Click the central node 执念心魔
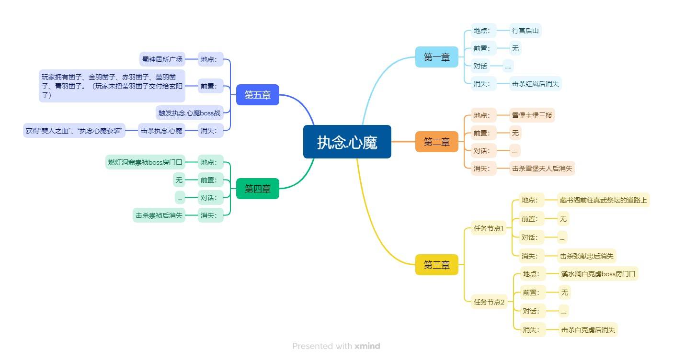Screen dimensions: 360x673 click(347, 142)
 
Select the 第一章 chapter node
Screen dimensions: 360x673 click(436, 57)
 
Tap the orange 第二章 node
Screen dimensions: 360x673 click(436, 142)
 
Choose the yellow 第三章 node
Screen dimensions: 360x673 click(436, 265)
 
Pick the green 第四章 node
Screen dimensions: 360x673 click(257, 189)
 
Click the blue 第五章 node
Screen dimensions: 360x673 click(257, 95)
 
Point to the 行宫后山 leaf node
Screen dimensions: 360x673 click(525, 31)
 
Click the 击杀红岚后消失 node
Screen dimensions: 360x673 click(535, 84)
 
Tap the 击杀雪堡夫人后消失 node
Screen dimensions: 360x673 click(541, 168)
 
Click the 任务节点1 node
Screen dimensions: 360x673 click(489, 228)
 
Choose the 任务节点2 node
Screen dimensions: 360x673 click(489, 302)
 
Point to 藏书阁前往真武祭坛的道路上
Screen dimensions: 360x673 click(603, 200)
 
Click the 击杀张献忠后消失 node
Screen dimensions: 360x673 click(586, 256)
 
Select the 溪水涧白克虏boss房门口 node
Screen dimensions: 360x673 click(598, 274)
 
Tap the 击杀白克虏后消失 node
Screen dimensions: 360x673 click(588, 329)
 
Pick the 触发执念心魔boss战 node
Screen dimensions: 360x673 click(189, 113)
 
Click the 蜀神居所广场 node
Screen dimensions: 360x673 click(162, 60)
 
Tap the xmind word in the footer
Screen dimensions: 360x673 click(367, 346)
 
